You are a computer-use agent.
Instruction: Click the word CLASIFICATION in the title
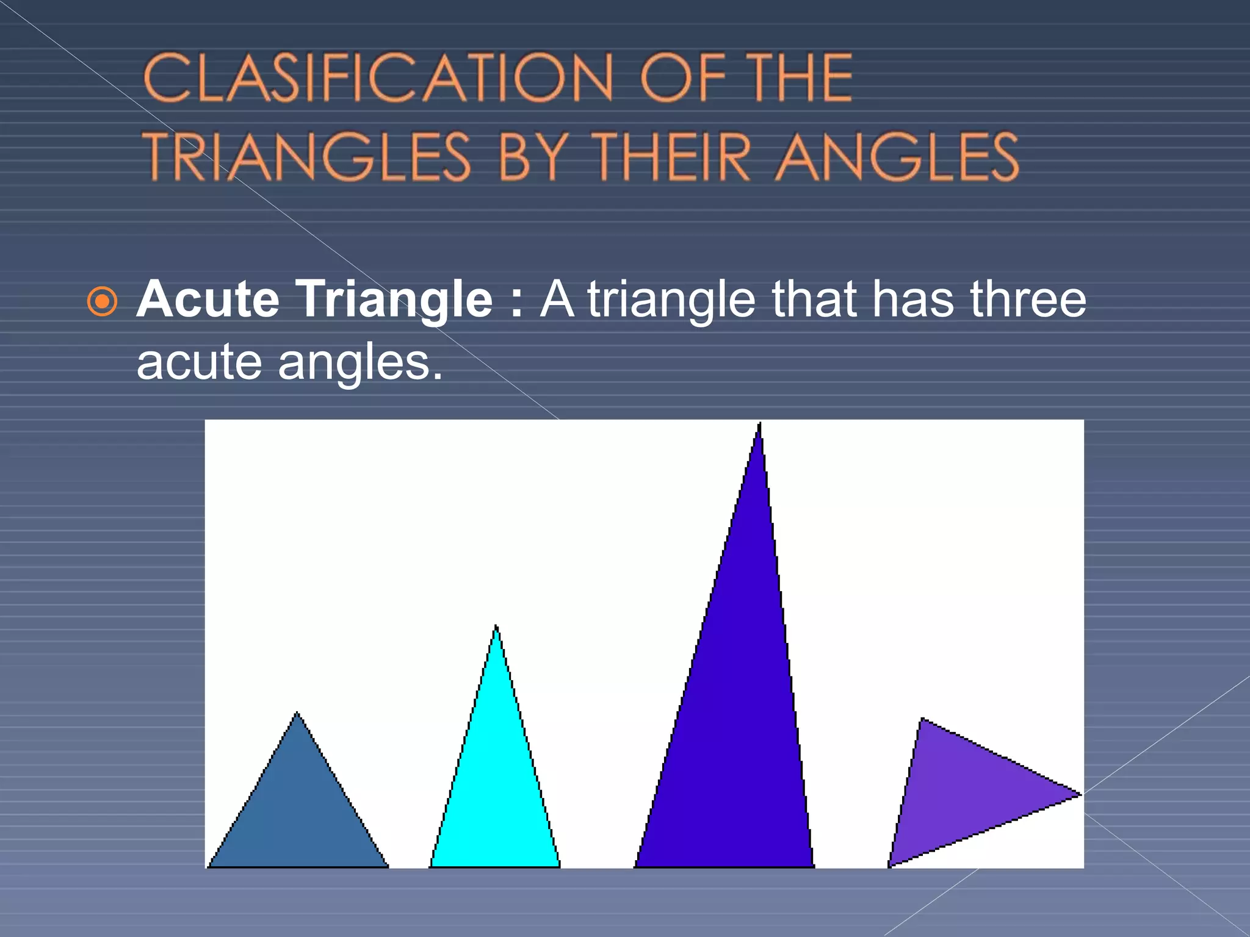377,77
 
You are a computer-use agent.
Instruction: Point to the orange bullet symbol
102,301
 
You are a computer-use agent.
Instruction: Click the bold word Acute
208,299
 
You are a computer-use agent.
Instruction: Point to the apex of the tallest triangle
759,424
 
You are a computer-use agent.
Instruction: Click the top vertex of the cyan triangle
496,626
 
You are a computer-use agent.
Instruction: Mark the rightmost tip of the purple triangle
1079,794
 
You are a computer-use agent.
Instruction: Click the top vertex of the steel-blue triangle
297,714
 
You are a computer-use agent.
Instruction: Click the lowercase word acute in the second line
199,363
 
